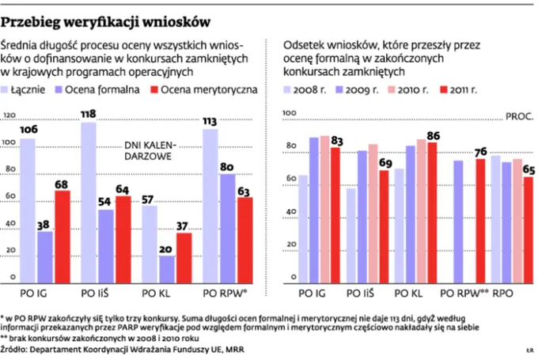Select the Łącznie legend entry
point(32,89)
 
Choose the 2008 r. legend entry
point(310,89)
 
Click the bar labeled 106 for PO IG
point(28,210)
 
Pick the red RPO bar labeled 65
point(528,229)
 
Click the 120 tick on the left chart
point(10,116)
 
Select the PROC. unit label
point(519,116)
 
